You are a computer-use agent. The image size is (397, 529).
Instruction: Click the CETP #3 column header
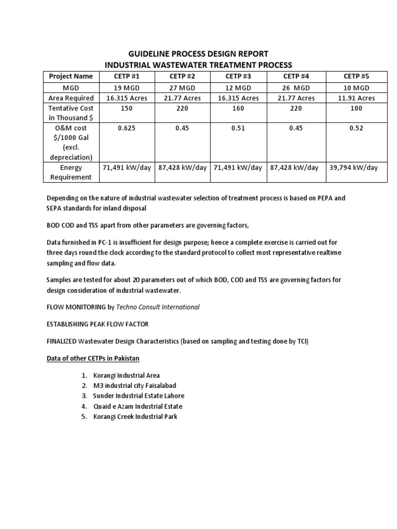237,76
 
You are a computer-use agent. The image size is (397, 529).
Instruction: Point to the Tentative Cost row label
71,114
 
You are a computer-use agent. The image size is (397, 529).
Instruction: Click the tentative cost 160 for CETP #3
237,109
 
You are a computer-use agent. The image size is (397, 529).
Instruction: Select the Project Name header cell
71,76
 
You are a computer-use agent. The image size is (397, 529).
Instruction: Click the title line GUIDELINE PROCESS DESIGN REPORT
198,54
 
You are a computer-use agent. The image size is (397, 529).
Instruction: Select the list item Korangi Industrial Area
127,376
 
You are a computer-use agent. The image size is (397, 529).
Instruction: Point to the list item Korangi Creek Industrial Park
135,416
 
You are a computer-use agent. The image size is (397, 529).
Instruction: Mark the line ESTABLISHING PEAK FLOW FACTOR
99,324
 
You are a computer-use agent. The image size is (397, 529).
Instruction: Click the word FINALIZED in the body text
62,342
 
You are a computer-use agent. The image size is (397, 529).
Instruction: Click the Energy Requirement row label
71,173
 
